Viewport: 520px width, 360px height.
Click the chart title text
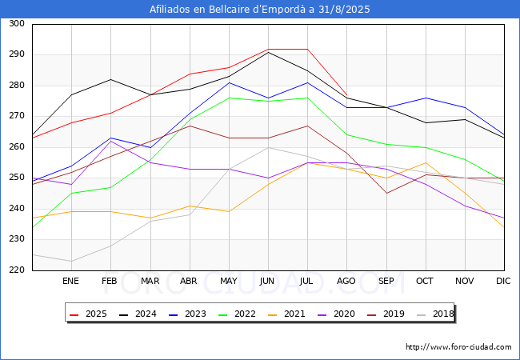tap(260, 10)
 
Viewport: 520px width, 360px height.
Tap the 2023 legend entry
tap(186, 314)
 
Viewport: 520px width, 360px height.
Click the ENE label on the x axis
tap(71, 282)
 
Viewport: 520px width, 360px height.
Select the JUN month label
tap(268, 282)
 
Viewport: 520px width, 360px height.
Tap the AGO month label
tap(346, 282)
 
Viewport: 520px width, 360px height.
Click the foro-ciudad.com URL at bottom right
tap(458, 347)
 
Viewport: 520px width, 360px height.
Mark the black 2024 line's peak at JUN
tap(268, 52)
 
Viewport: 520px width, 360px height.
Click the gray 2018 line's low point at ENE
tap(71, 261)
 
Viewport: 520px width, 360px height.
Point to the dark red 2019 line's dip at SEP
tap(386, 193)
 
